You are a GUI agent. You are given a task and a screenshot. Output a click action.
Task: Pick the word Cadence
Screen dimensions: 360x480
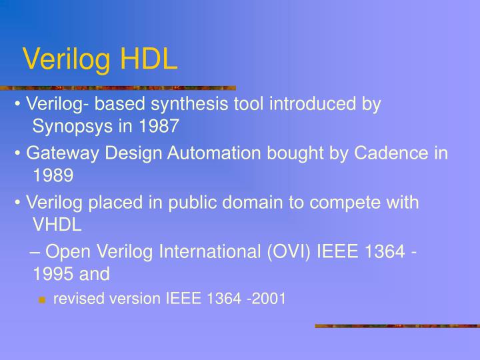pos(391,153)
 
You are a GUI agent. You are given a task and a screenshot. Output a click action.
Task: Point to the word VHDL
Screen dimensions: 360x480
pos(57,225)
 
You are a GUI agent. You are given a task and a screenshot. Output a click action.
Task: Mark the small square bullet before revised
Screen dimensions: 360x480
pos(42,300)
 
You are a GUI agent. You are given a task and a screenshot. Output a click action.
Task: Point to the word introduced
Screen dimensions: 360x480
pos(311,104)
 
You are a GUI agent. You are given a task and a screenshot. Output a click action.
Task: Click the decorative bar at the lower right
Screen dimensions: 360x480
pos(397,326)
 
